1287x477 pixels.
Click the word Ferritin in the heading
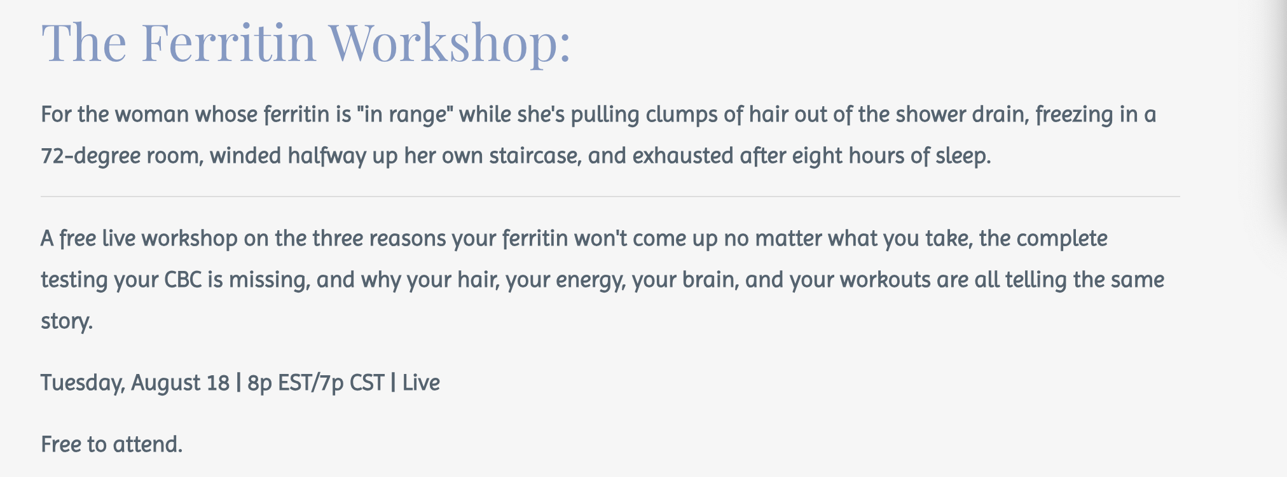pos(228,42)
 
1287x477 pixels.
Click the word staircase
pos(535,156)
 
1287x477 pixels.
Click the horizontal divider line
pos(610,197)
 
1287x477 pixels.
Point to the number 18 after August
pos(217,383)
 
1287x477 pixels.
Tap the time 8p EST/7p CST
pos(316,383)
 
